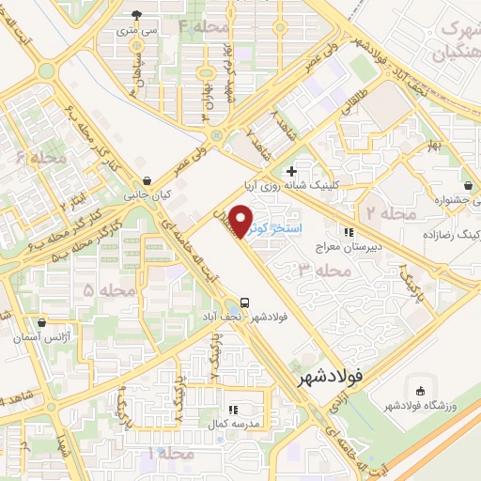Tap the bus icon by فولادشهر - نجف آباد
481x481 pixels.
244,303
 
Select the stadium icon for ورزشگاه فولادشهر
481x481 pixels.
419,389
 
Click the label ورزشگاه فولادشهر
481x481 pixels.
421,405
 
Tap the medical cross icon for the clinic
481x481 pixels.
291,171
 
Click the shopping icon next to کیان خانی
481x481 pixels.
146,181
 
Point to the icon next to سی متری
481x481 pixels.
137,14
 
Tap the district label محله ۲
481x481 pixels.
390,214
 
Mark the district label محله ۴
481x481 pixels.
204,25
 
